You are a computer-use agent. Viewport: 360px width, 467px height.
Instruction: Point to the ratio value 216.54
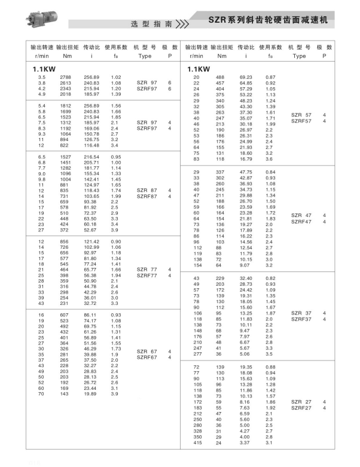click(x=91, y=157)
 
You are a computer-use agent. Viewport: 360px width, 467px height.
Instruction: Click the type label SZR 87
click(x=147, y=190)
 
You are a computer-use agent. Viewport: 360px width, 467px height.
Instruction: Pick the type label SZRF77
click(x=147, y=276)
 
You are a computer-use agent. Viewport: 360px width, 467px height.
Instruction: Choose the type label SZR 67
click(x=147, y=352)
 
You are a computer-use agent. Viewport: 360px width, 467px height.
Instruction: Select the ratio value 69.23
click(x=245, y=77)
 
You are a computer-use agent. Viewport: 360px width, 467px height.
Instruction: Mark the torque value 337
click(x=220, y=172)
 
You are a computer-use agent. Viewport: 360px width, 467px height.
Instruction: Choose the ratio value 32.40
click(x=245, y=279)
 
